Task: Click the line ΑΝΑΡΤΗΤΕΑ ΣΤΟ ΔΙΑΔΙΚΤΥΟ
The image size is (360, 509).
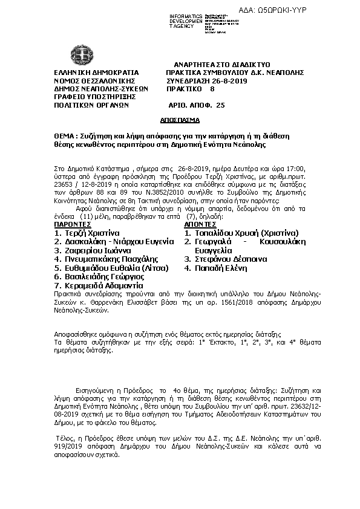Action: click(221, 63)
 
